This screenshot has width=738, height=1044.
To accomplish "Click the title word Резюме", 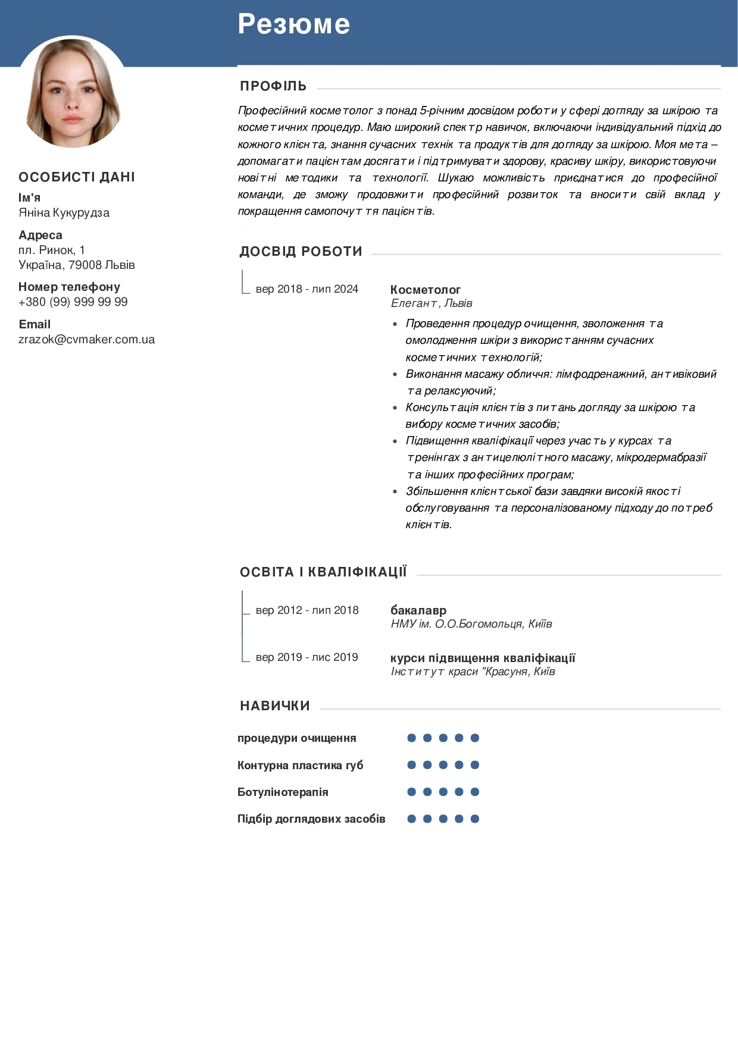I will pyautogui.click(x=294, y=24).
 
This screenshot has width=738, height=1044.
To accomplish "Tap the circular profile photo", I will pyautogui.click(x=73, y=92).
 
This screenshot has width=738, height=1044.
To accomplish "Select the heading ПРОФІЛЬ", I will pyautogui.click(x=273, y=86).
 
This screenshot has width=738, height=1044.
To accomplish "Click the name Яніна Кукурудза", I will pyautogui.click(x=64, y=212).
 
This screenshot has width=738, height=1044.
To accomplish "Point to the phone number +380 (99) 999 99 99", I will pyautogui.click(x=73, y=302).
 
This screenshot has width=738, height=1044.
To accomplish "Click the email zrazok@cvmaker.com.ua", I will pyautogui.click(x=86, y=339).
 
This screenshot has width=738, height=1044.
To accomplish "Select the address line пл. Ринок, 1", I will pyautogui.click(x=52, y=250).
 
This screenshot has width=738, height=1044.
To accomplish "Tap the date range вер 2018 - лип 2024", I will pyautogui.click(x=307, y=289).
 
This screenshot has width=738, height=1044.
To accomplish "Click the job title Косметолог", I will pyautogui.click(x=426, y=290).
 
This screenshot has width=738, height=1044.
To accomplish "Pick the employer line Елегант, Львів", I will pyautogui.click(x=431, y=303).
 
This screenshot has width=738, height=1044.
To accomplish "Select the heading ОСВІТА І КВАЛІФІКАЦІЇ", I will pyautogui.click(x=323, y=572).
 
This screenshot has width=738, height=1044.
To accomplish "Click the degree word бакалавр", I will pyautogui.click(x=418, y=610).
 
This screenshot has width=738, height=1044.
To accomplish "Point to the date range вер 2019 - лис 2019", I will pyautogui.click(x=307, y=657).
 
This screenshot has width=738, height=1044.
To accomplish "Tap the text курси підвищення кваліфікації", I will pyautogui.click(x=483, y=658).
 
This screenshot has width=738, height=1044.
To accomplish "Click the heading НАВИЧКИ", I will pyautogui.click(x=275, y=706).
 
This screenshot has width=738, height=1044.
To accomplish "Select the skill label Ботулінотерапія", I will pyautogui.click(x=283, y=792).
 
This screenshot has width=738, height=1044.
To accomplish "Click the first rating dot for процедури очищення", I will pyautogui.click(x=411, y=738).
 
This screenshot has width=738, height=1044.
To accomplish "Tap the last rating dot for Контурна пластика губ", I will pyautogui.click(x=475, y=765).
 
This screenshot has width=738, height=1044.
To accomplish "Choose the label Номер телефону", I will pyautogui.click(x=69, y=287).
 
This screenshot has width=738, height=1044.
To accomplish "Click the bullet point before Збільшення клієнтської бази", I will pyautogui.click(x=395, y=492).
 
